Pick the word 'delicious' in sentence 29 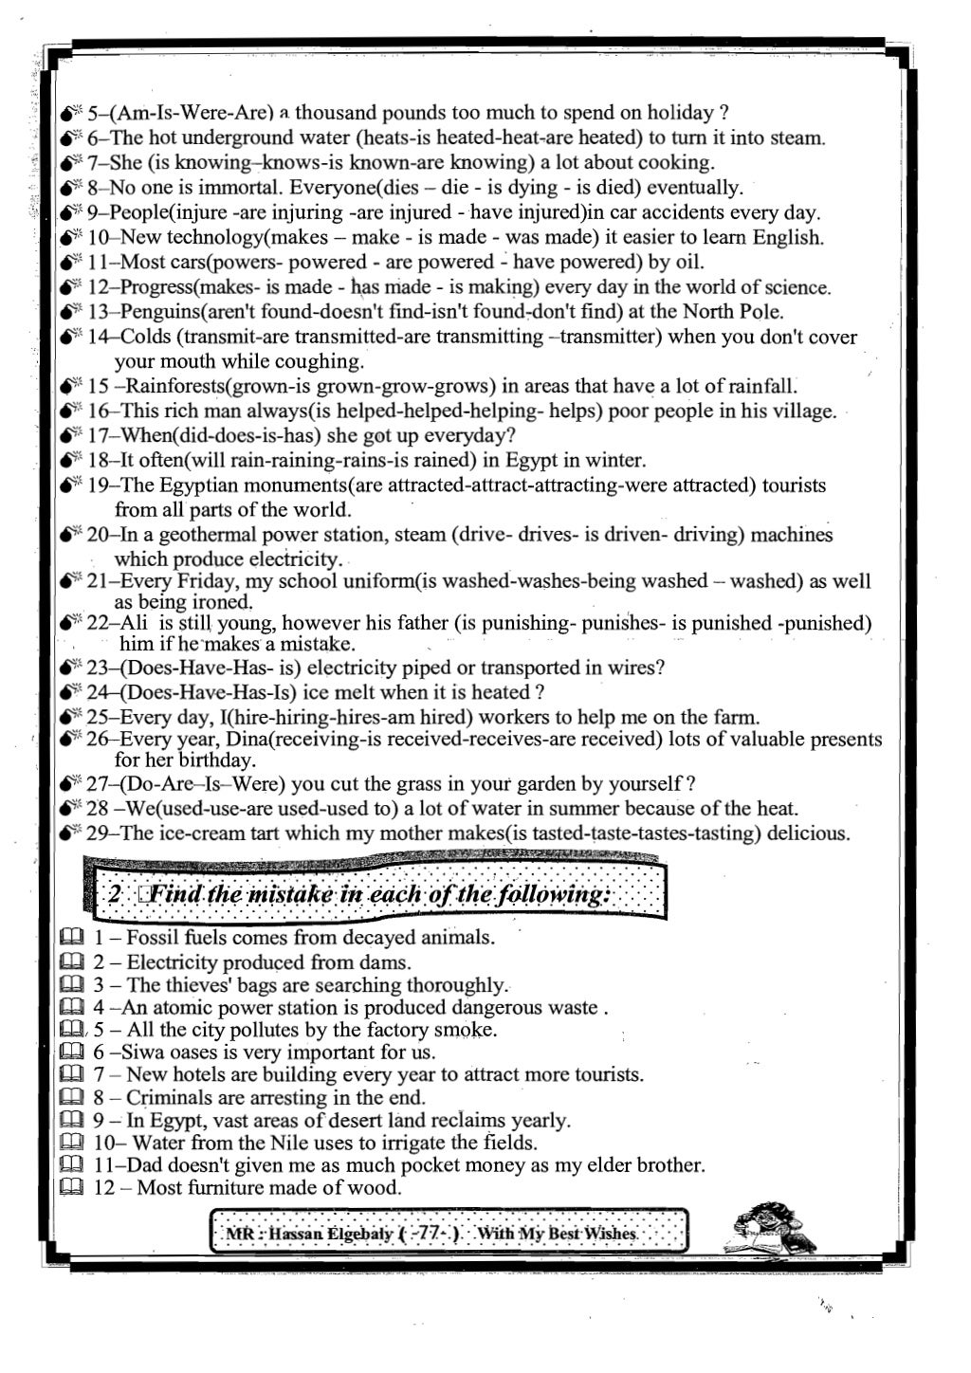(808, 833)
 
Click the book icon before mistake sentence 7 (72, 1075)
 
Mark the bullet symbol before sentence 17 (71, 436)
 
